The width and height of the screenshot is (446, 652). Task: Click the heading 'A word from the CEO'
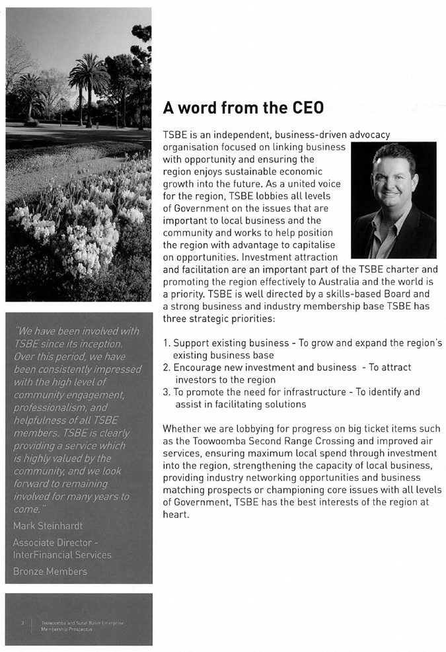click(243, 108)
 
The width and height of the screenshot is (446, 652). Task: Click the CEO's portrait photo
click(393, 200)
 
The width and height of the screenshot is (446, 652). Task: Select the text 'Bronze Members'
click(50, 571)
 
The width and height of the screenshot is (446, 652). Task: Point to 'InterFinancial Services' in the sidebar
click(62, 554)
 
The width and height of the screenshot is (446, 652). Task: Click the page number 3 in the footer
click(22, 622)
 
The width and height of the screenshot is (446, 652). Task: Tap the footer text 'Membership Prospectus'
click(67, 629)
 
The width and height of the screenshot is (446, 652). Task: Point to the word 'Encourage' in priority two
click(198, 368)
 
